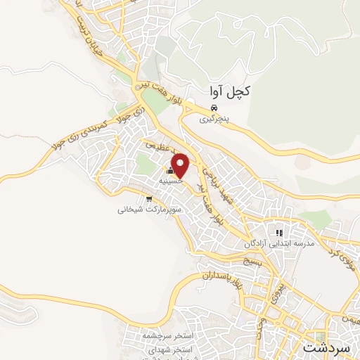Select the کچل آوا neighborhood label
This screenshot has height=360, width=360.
tap(230, 91)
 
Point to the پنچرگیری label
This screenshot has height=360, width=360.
tap(214, 120)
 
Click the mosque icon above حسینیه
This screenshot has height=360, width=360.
tap(169, 171)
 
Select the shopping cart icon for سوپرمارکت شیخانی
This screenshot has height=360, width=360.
tap(148, 199)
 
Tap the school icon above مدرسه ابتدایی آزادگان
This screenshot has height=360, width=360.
tap(279, 233)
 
